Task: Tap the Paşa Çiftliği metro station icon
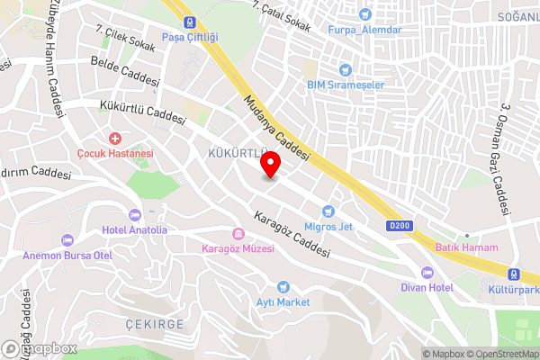pyautogui.click(x=189, y=22)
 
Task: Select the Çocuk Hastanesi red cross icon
pyautogui.click(x=114, y=139)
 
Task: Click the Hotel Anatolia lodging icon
pyautogui.click(x=135, y=215)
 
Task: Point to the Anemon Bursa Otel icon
pyautogui.click(x=67, y=240)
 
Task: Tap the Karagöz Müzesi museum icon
pyautogui.click(x=238, y=233)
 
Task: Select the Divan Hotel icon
pyautogui.click(x=427, y=273)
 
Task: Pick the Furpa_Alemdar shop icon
pyautogui.click(x=364, y=14)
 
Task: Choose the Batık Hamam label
pyautogui.click(x=466, y=247)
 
